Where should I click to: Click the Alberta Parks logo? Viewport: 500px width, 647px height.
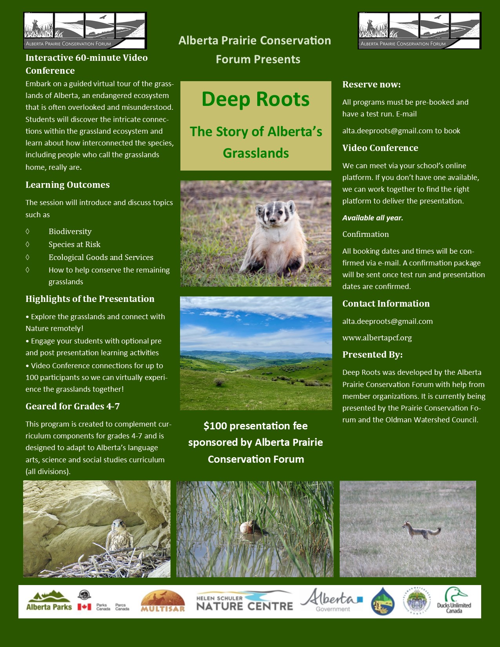coord(49,601)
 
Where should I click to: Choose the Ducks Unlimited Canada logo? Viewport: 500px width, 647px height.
coord(454,601)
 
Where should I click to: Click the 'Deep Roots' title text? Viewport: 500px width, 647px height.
coord(255,99)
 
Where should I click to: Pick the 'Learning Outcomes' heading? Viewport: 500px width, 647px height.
coord(67,185)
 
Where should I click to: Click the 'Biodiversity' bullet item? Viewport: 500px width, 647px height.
coord(70,231)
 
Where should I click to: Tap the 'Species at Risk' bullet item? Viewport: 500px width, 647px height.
coord(75,244)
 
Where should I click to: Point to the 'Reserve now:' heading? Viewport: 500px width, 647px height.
coord(371,84)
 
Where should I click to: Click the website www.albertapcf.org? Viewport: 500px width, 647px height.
coord(377,338)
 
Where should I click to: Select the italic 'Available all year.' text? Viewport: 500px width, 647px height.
coord(373,218)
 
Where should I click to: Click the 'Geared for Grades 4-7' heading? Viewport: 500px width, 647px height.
coord(73,406)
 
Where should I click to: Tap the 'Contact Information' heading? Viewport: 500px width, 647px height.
coord(386,304)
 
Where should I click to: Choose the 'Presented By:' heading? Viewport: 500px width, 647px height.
coord(372,354)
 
